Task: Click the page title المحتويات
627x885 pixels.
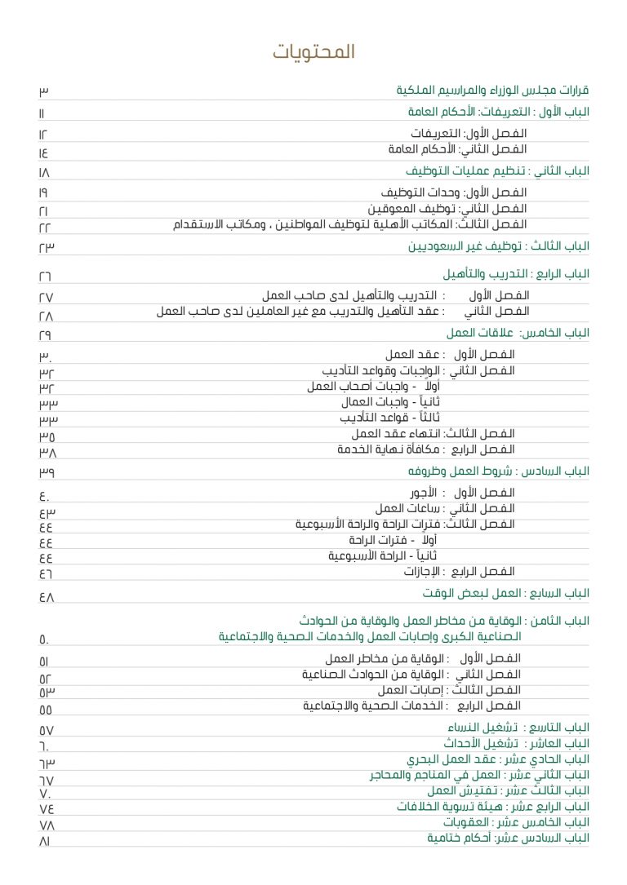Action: tap(313, 52)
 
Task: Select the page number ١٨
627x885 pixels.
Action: tap(44, 172)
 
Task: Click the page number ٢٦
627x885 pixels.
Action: tap(45, 275)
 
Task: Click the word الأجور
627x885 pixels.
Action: tap(425, 493)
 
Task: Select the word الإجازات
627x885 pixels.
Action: tap(423, 572)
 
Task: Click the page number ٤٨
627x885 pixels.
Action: tap(47, 597)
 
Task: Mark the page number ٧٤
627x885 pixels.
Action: tap(47, 808)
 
